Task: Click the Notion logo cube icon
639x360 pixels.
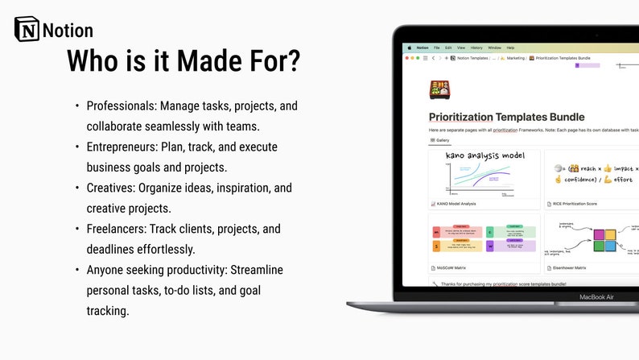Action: (27, 30)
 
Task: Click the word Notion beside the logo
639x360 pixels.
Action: (68, 31)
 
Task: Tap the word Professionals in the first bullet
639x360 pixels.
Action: (121, 106)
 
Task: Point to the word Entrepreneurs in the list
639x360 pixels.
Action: (123, 147)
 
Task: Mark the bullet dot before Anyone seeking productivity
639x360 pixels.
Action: (77, 270)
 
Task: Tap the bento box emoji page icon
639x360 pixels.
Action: (439, 88)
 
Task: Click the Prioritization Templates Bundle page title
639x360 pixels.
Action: (506, 117)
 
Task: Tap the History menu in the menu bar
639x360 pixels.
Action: (476, 48)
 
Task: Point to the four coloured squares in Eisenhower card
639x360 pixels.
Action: (604, 239)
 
